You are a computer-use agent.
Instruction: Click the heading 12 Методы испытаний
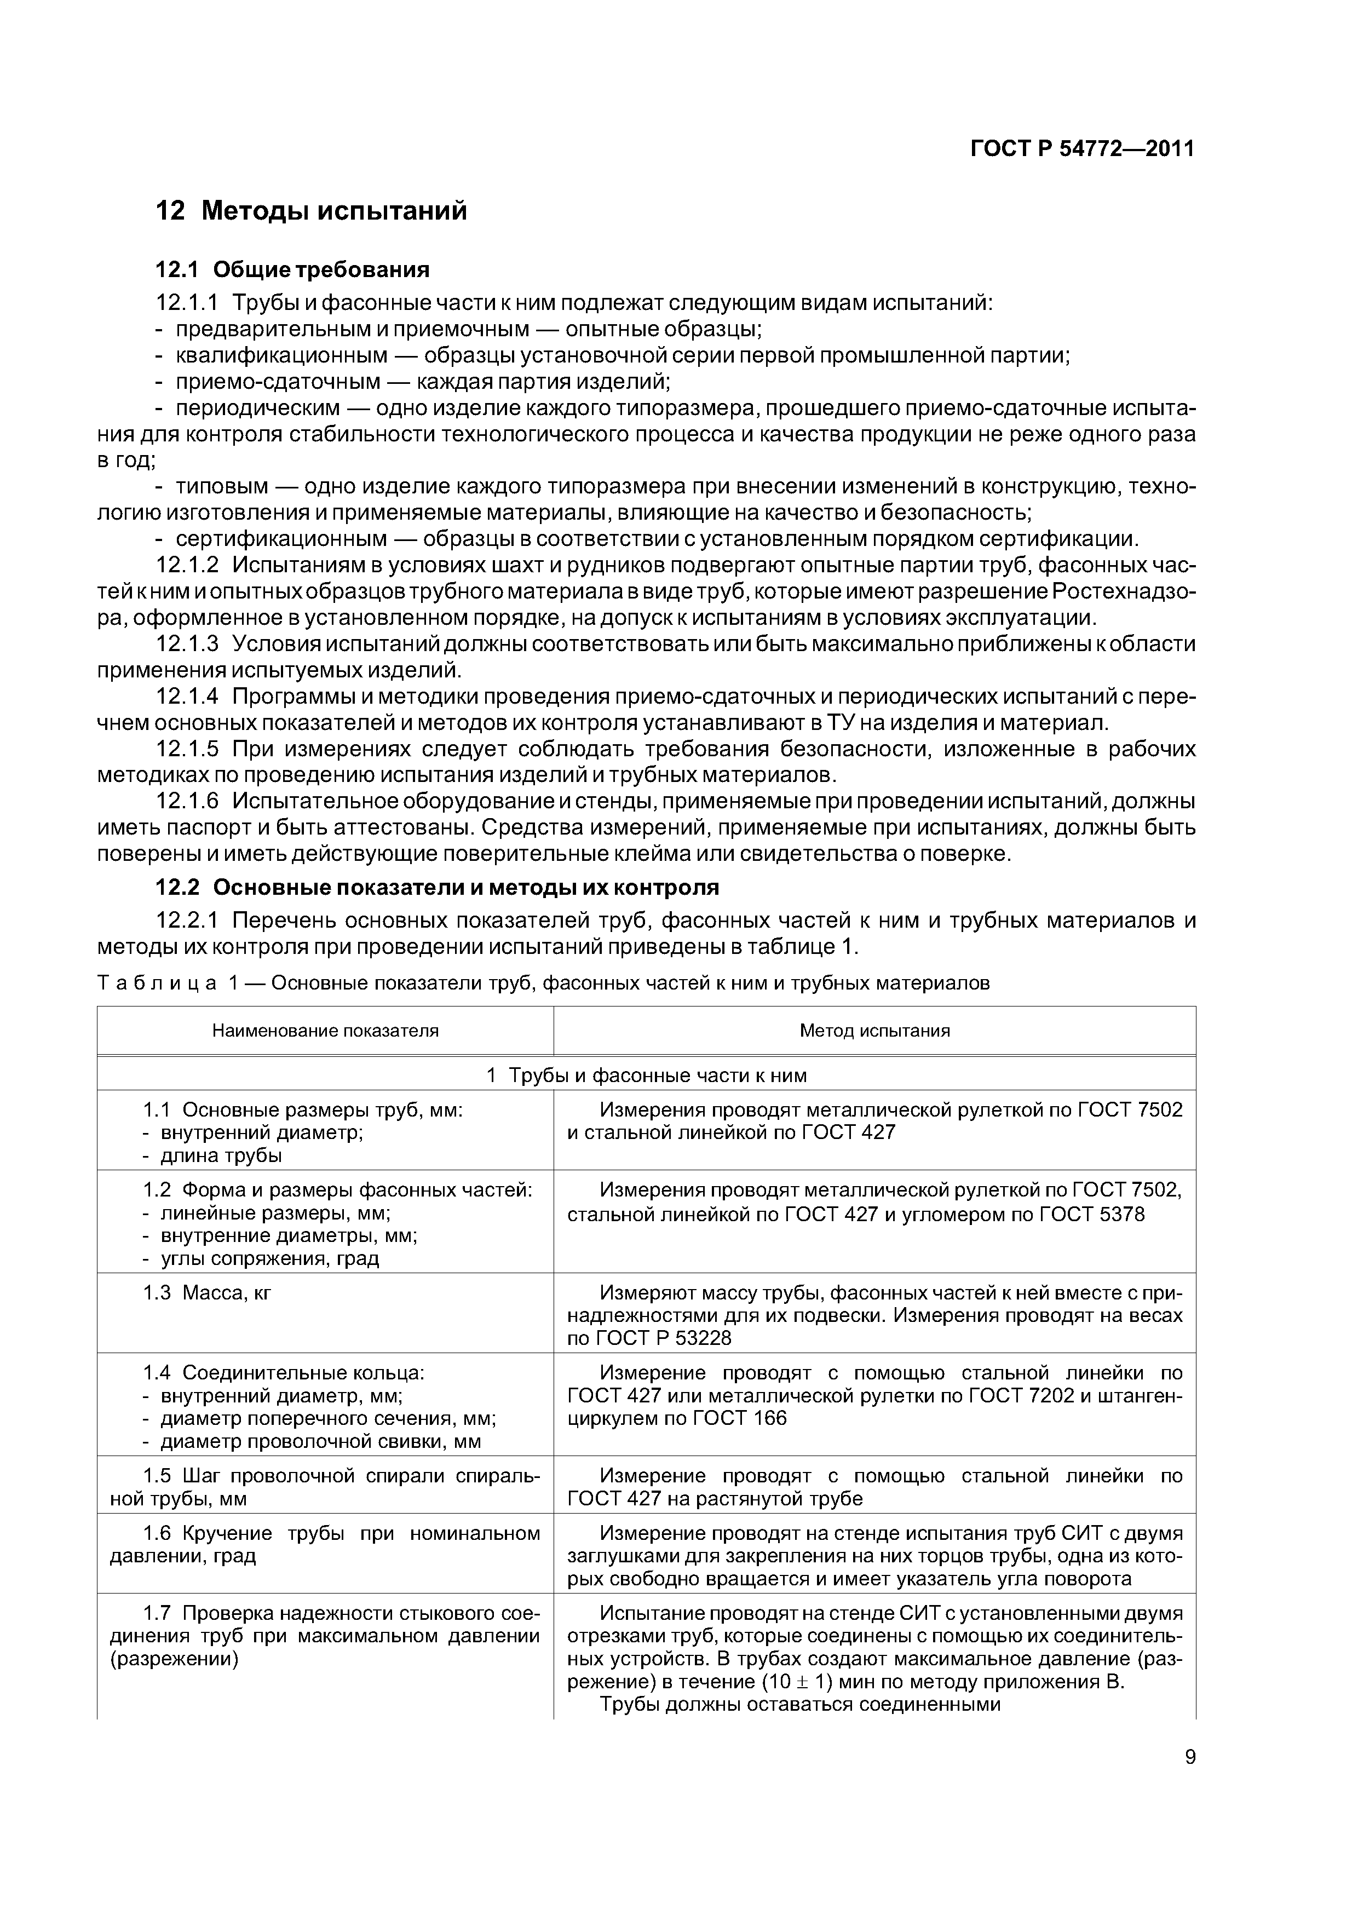click(x=311, y=210)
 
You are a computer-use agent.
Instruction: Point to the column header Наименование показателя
click(x=325, y=1031)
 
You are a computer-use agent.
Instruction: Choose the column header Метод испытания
click(x=874, y=1031)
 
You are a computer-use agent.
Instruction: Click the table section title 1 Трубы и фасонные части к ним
click(x=646, y=1075)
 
